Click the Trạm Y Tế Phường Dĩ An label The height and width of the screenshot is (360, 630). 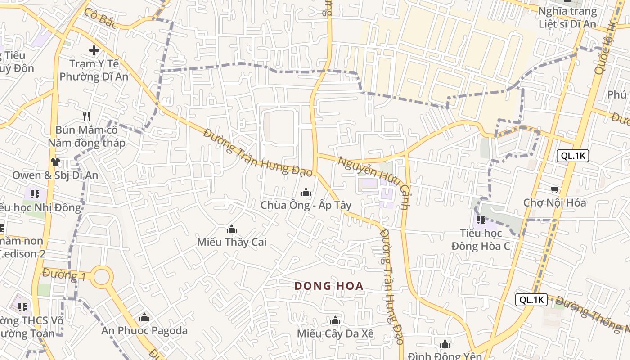94,70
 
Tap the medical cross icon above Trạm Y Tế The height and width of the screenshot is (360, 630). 94,50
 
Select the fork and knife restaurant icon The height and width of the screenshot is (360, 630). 86,117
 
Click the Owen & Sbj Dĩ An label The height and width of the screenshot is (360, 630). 55,175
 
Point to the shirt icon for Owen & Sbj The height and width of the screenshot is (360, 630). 55,162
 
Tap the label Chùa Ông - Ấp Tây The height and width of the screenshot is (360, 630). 306,205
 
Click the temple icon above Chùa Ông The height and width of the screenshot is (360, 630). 306,193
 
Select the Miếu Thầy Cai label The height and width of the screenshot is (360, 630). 232,242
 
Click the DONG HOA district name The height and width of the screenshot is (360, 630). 329,286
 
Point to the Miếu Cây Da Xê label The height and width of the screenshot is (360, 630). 335,333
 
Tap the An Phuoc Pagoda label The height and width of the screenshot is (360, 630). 144,331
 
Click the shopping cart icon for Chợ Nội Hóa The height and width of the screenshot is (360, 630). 555,190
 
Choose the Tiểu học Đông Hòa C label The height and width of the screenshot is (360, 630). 481,240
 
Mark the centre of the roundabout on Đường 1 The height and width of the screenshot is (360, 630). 102,277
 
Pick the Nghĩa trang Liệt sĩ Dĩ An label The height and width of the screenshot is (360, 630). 567,18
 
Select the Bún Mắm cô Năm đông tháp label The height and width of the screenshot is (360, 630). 86,136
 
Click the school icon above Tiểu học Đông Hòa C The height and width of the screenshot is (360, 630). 481,220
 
